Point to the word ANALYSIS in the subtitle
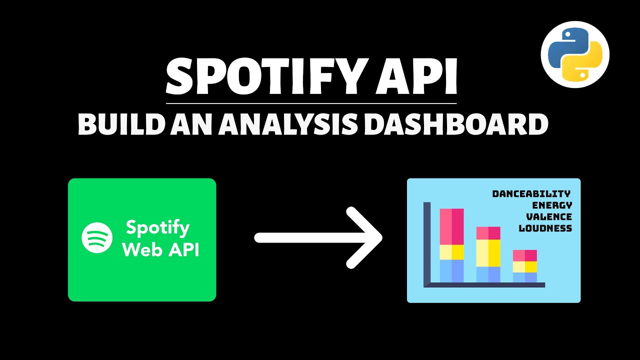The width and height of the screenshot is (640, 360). pyautogui.click(x=288, y=124)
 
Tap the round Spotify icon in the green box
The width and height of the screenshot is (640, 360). pyautogui.click(x=97, y=237)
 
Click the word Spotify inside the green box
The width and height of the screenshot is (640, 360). pyautogui.click(x=157, y=227)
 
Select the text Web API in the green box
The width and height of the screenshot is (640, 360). pyautogui.click(x=160, y=249)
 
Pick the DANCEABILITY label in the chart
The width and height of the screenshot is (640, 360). pyautogui.click(x=531, y=193)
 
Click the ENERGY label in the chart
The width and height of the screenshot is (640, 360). pyautogui.click(x=552, y=205)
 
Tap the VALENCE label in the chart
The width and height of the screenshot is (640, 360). pyautogui.click(x=549, y=216)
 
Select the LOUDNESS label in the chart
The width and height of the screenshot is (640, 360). pyautogui.click(x=545, y=228)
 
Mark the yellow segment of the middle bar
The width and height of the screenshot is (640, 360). pyautogui.click(x=488, y=253)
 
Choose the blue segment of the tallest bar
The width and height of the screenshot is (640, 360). pyautogui.click(x=452, y=270)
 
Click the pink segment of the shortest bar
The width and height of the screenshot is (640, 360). pyautogui.click(x=524, y=255)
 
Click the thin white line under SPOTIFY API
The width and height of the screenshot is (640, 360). pyautogui.click(x=311, y=103)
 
